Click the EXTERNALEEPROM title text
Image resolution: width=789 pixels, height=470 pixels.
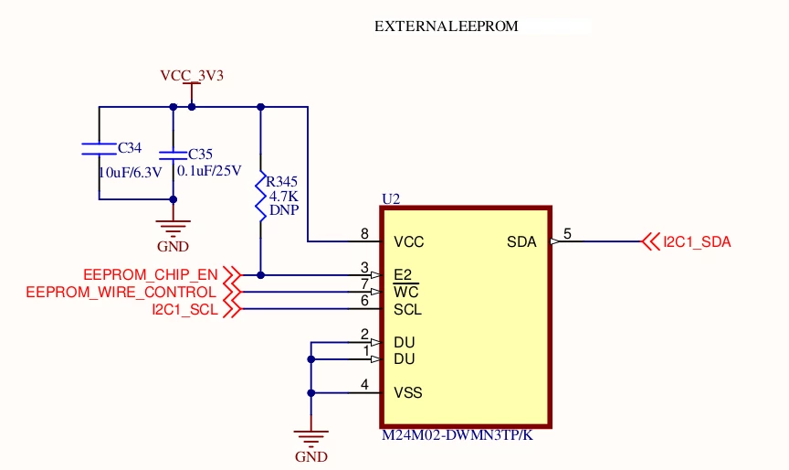click(447, 27)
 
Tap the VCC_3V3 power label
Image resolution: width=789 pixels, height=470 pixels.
click(192, 76)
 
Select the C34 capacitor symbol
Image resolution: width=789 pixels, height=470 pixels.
click(99, 148)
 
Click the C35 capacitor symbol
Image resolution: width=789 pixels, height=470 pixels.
click(174, 155)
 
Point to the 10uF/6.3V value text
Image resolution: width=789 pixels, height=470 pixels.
click(131, 173)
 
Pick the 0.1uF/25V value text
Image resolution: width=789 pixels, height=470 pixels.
click(209, 171)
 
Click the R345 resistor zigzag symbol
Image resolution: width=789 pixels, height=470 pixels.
click(260, 197)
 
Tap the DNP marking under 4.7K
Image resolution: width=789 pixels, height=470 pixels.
click(284, 210)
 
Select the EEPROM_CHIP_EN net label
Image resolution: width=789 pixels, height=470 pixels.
click(151, 275)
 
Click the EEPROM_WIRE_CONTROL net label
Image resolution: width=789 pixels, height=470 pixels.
click(121, 293)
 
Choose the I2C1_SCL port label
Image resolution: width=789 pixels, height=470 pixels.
click(185, 309)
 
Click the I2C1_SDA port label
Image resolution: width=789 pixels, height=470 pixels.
click(697, 241)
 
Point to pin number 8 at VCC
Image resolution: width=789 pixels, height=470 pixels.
click(364, 234)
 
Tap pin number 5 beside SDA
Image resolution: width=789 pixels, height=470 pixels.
click(568, 234)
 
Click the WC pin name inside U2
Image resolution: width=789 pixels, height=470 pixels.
click(406, 293)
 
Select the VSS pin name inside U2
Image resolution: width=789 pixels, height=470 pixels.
click(408, 393)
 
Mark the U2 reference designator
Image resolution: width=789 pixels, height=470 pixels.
click(391, 199)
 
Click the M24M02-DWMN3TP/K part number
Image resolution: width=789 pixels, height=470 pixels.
click(458, 435)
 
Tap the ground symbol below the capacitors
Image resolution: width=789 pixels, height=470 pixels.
click(174, 229)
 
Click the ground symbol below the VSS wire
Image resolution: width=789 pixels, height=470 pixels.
click(311, 439)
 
